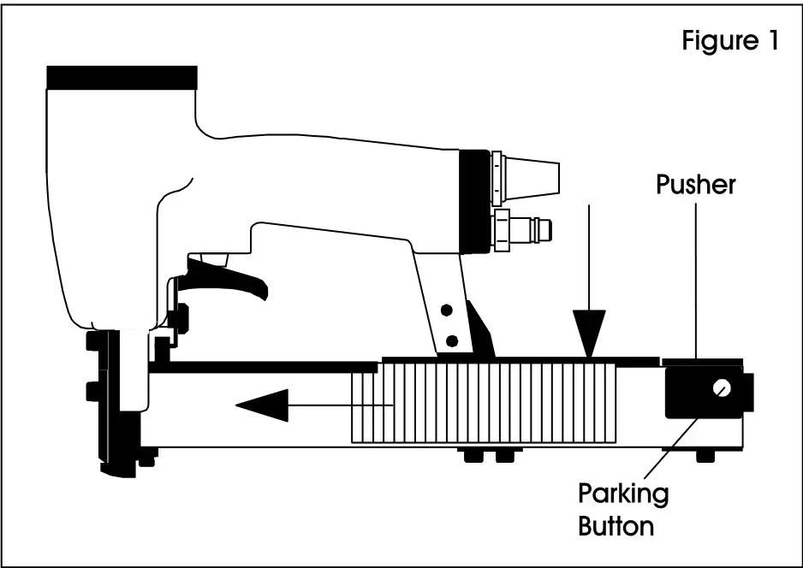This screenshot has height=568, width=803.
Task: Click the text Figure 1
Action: [x=729, y=40]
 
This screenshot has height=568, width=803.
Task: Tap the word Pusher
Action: [x=695, y=185]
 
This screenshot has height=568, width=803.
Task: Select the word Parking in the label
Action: [x=623, y=494]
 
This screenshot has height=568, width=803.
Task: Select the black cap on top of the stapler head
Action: [x=122, y=77]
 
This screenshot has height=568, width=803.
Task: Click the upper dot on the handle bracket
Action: [x=445, y=307]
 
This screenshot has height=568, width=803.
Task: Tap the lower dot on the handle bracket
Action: [x=451, y=340]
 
